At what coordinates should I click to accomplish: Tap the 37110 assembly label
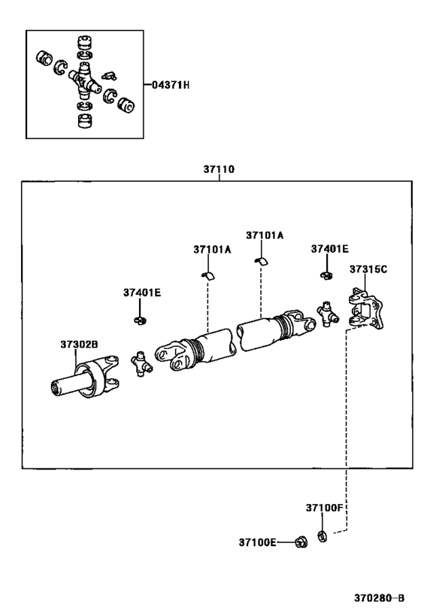click(219, 170)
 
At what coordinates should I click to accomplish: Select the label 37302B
click(79, 344)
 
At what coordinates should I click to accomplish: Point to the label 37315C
click(367, 269)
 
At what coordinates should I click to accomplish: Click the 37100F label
click(324, 508)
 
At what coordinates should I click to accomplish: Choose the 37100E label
click(258, 542)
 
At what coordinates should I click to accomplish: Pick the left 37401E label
click(142, 293)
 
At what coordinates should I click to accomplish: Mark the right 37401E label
click(330, 249)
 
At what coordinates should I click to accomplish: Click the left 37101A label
click(210, 249)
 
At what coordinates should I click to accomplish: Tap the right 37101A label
click(265, 235)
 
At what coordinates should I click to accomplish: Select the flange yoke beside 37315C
click(366, 310)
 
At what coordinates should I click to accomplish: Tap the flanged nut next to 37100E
click(301, 541)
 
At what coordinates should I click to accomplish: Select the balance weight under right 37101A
click(260, 260)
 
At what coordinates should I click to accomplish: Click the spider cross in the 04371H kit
click(83, 80)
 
